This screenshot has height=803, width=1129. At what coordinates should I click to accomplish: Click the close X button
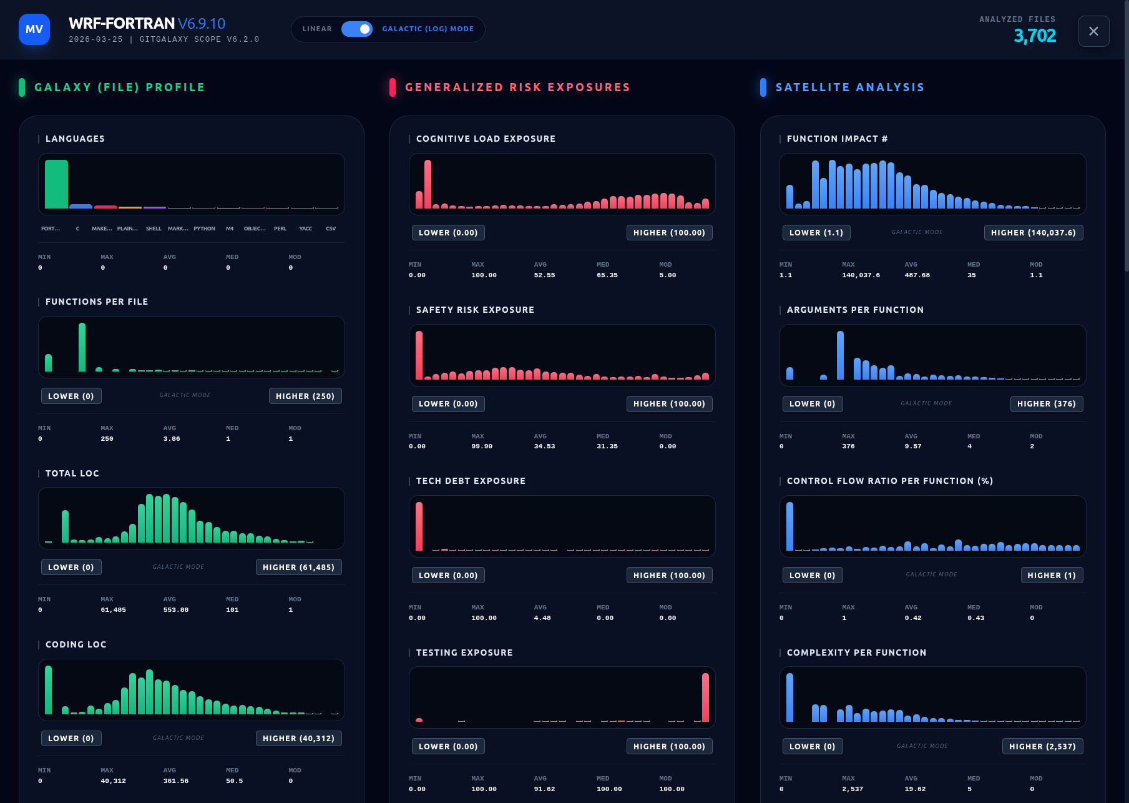tap(1093, 31)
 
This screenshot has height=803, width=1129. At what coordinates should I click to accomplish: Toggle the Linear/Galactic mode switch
tap(357, 29)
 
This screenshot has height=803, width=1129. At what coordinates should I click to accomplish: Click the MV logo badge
tap(34, 29)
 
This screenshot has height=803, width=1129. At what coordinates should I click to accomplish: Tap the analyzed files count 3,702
tap(1034, 36)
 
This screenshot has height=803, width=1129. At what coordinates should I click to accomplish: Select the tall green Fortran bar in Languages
tap(56, 184)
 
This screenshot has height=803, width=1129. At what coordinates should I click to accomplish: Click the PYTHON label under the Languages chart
tap(204, 229)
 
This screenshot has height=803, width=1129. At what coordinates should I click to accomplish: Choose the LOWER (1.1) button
tap(816, 233)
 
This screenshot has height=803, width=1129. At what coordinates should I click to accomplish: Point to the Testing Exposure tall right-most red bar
tap(705, 697)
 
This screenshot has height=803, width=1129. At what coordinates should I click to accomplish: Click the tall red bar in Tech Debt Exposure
tap(419, 526)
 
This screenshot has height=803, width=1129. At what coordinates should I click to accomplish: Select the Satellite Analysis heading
tap(849, 87)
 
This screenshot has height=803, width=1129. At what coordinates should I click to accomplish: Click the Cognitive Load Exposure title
tap(486, 139)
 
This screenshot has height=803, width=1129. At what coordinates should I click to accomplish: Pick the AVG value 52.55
tap(544, 275)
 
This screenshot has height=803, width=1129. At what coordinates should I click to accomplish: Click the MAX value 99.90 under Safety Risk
tap(482, 446)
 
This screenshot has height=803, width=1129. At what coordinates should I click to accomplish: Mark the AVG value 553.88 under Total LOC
tap(175, 610)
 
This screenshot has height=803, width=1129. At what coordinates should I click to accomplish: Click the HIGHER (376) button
tap(1046, 404)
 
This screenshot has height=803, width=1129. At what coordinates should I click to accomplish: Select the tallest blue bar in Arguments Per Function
tap(840, 355)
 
